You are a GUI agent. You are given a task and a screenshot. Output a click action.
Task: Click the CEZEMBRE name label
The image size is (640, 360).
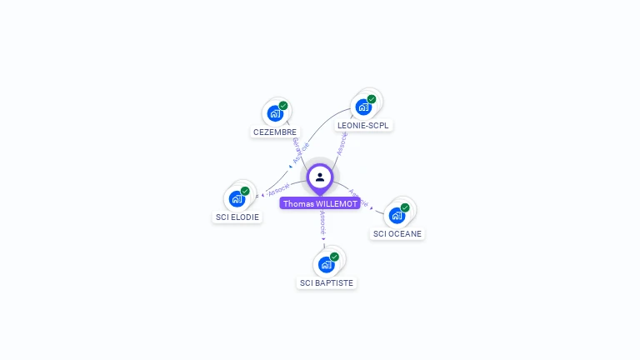274,132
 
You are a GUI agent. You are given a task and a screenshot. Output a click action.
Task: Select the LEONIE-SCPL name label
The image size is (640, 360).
363,125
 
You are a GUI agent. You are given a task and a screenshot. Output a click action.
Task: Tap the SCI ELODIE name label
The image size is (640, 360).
237,217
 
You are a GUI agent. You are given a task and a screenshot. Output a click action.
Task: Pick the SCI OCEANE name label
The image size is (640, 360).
397,233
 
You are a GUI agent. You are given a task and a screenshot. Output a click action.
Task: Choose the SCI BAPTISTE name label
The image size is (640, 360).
327,282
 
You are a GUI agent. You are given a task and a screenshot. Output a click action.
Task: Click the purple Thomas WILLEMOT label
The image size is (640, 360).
320,203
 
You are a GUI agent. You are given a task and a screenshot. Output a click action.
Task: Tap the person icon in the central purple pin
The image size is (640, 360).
320,177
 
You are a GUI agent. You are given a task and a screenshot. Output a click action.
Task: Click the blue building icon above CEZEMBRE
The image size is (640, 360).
274,113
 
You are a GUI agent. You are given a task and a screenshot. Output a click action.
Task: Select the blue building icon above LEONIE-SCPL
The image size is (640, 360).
362,107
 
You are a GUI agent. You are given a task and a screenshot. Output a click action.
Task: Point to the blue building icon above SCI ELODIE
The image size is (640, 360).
237,198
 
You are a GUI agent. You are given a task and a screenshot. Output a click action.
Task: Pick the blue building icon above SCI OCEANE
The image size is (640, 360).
397,215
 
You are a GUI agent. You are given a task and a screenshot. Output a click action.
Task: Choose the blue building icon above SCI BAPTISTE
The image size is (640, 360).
326,264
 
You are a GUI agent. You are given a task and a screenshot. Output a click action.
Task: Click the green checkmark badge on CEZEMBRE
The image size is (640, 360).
283,106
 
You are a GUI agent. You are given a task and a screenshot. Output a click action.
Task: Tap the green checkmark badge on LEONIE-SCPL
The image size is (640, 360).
372,99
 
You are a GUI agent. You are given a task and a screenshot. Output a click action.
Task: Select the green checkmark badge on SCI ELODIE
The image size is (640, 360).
245,191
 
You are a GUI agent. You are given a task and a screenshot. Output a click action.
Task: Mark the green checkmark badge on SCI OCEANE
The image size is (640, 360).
405,207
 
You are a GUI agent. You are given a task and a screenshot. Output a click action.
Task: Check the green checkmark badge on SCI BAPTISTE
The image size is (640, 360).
334,257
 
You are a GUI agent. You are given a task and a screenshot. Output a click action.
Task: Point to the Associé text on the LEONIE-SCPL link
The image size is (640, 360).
341,143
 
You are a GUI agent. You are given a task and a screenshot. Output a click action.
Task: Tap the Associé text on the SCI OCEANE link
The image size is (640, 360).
358,197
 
